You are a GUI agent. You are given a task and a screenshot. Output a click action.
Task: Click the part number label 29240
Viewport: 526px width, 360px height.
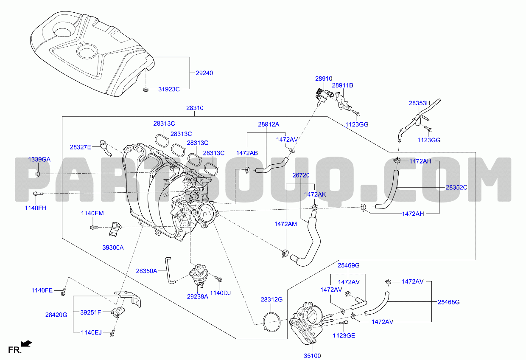[x=204, y=73]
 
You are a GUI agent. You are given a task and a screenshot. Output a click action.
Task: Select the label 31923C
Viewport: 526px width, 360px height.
[x=169, y=89]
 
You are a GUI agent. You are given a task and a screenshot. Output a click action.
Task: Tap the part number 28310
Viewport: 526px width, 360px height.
[x=195, y=108]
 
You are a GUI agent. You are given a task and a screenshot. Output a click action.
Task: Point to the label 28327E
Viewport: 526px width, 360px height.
[x=81, y=147]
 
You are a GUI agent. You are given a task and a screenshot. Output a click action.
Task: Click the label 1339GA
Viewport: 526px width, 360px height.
[x=39, y=159]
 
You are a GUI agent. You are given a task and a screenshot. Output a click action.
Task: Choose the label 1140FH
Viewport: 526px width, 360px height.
[x=36, y=208]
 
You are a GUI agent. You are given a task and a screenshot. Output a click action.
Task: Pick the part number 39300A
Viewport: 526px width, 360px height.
[x=112, y=247]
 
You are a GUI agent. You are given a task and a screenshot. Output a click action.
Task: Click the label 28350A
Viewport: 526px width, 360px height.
[x=146, y=270]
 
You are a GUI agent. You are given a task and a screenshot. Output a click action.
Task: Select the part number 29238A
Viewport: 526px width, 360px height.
[x=197, y=297]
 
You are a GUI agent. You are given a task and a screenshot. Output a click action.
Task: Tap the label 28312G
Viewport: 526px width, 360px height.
[x=271, y=300]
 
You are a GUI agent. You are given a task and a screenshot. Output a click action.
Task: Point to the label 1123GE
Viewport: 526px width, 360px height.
[x=344, y=336]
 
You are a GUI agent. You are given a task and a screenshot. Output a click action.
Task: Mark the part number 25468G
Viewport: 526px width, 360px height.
[x=449, y=302]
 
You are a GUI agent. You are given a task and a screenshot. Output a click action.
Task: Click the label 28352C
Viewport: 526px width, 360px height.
[x=456, y=187]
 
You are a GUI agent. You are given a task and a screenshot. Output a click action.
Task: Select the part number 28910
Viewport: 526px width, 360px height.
[x=323, y=79]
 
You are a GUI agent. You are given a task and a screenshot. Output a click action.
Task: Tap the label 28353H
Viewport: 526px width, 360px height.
[x=420, y=103]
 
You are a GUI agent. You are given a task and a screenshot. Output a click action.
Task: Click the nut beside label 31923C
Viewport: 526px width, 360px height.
[x=145, y=89]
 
